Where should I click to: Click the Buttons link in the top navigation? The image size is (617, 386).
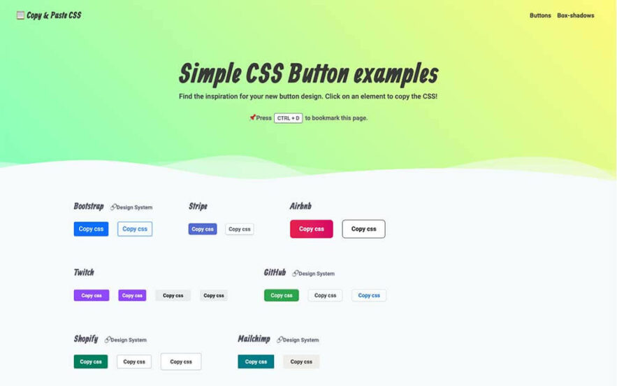pos(540,15)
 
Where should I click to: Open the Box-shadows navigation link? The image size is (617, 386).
pos(575,15)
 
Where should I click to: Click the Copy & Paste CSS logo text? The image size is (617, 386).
pos(54,15)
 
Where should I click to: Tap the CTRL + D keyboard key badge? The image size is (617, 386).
pos(288,117)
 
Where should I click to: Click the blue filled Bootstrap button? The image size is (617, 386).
pos(91,229)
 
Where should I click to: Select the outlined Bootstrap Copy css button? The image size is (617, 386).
pos(135,229)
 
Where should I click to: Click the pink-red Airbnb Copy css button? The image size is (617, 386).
pos(311,229)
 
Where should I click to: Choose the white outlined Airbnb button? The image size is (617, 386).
pos(363,229)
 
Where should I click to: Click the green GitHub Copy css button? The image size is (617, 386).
pos(282,295)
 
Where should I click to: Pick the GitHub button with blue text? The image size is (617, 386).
pos(369,295)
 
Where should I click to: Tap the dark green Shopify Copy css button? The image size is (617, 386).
pos(91,362)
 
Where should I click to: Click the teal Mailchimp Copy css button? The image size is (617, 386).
pos(256,362)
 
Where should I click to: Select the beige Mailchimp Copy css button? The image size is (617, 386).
pos(301,362)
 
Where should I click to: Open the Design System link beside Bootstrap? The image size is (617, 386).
pos(131,207)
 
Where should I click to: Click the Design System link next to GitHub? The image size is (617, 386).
pos(313,273)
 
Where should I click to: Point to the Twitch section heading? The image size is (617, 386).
pos(84,272)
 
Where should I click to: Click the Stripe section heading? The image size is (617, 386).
pos(198,206)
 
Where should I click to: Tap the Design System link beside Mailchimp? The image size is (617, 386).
pos(298,340)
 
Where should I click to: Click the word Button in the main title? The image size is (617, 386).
pos(319,73)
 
